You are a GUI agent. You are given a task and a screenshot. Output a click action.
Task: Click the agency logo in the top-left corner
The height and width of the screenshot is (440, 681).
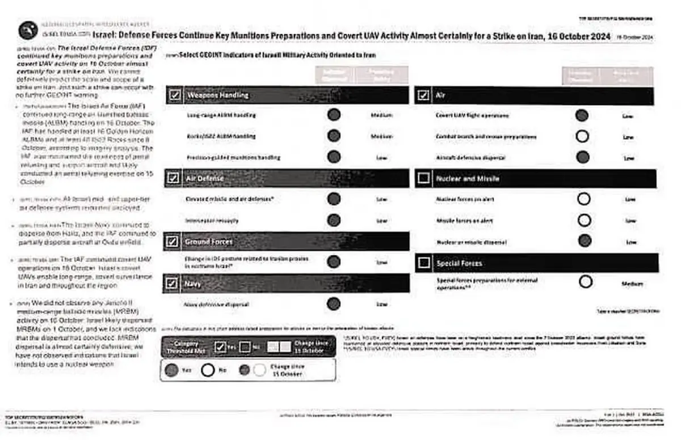coord(28,30)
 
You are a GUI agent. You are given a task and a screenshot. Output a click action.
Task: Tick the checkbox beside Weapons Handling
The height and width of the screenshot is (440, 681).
coord(174,95)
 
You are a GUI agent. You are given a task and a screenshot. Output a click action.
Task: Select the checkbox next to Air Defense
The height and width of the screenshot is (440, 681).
coord(174,178)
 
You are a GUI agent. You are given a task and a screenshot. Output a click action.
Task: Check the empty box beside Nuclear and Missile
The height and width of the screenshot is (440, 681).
coord(423,178)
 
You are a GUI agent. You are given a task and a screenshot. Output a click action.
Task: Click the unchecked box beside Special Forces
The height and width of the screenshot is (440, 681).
coord(423,263)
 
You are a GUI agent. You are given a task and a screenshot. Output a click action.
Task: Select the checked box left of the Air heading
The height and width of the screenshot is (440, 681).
coord(423,95)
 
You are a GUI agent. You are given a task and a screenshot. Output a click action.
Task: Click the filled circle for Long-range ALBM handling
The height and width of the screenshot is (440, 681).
coord(334,115)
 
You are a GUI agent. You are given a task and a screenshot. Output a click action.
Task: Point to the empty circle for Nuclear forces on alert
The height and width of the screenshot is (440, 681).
coord(583,199)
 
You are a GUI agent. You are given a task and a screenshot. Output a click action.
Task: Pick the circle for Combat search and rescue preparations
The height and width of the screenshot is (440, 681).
coord(582,136)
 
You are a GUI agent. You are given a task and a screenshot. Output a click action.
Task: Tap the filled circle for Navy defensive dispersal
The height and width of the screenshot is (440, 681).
coord(334,304)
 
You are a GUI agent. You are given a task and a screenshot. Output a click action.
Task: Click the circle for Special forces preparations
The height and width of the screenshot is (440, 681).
coord(586,282)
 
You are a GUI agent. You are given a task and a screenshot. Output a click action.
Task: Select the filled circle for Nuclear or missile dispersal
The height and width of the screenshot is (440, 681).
coord(583,241)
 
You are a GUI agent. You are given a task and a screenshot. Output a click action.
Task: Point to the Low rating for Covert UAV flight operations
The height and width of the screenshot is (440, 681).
coord(628,116)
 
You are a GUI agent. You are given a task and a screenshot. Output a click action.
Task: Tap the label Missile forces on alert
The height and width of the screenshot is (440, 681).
coord(465,220)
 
